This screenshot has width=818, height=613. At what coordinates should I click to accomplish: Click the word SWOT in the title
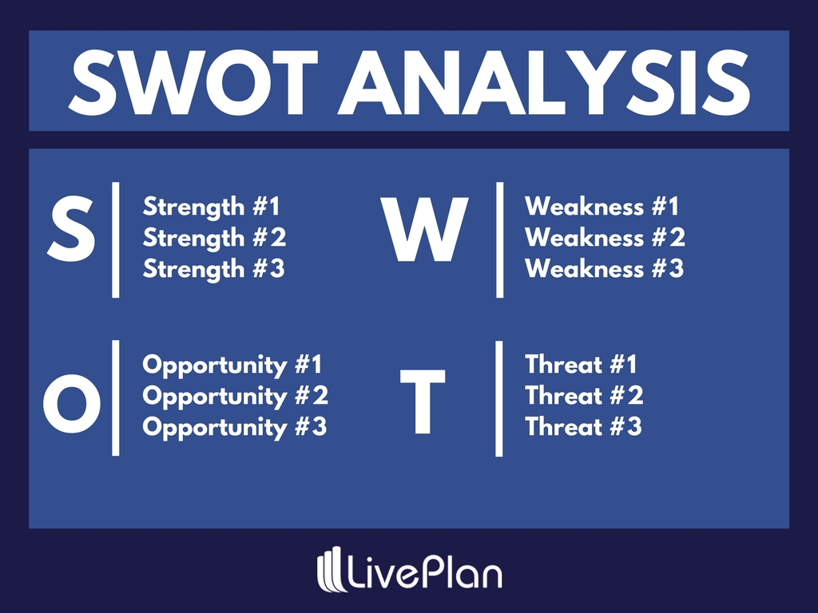pos(191,82)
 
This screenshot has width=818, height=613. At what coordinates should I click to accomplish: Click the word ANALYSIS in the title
pos(544,82)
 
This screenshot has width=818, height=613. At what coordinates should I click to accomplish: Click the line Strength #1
pos(212,208)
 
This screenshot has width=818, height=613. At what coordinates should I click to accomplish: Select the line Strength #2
pos(214,238)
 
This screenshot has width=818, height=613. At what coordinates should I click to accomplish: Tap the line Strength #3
pos(214,269)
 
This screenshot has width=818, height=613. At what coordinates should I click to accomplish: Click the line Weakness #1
pos(602,208)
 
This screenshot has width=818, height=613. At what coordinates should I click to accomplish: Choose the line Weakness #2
pos(605,238)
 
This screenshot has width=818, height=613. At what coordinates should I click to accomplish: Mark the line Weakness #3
pos(604,269)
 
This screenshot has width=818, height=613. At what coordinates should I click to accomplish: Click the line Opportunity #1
pos(232,366)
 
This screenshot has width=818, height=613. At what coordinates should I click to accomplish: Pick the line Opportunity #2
pos(235,396)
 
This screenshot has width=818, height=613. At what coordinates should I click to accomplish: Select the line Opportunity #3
pos(235,427)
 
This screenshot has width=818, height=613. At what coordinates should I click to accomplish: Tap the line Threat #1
pos(581,366)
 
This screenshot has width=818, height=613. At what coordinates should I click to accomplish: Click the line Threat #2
pos(584,396)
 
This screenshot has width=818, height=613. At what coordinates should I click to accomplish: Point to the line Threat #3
pos(583,427)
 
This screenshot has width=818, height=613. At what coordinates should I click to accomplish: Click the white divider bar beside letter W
pos(499,239)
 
